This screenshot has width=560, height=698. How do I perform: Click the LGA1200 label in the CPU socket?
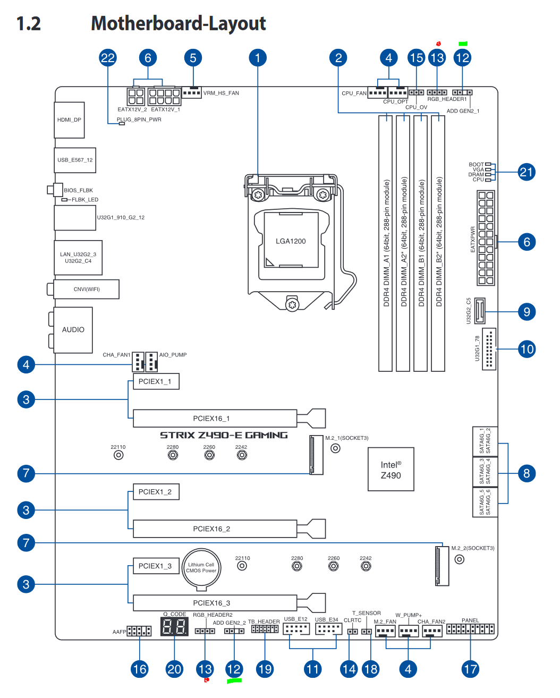(x=291, y=241)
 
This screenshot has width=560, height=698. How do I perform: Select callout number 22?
(x=108, y=58)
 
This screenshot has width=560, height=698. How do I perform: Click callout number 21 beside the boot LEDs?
(x=527, y=172)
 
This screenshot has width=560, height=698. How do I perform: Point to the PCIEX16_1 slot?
(x=215, y=419)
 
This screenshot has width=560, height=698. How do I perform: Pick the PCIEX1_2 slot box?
(x=156, y=492)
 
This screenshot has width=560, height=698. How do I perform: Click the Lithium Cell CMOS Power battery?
(x=201, y=568)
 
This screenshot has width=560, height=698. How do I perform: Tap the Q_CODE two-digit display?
(x=174, y=627)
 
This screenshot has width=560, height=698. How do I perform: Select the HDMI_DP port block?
(x=70, y=120)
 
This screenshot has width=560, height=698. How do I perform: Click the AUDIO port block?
(x=73, y=330)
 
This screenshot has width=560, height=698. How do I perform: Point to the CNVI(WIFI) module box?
(x=87, y=290)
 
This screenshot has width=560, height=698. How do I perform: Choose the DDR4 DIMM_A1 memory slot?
(x=386, y=243)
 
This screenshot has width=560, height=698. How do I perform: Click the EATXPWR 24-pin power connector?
(x=486, y=238)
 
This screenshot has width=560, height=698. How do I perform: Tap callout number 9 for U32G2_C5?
(x=527, y=312)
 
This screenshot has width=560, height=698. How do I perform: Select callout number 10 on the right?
(x=527, y=349)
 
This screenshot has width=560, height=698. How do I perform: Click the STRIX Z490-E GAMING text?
(x=224, y=435)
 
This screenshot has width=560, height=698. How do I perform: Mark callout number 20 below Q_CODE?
(x=174, y=669)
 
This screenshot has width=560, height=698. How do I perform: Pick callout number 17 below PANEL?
(x=470, y=669)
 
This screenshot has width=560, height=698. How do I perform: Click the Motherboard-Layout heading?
(x=179, y=23)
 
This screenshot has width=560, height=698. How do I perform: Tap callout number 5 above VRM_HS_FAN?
(x=193, y=58)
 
